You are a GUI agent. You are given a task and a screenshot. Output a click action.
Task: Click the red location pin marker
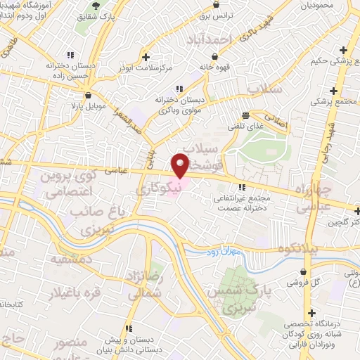tap(181, 165)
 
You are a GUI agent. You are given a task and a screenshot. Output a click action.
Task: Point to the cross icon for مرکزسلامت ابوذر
tap(146, 57)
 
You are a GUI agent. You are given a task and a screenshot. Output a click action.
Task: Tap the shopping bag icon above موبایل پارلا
tap(87, 96)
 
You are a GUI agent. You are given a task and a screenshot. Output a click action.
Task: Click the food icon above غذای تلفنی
tap(245, 115)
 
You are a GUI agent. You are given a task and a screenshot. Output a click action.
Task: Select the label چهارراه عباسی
tap(302, 198)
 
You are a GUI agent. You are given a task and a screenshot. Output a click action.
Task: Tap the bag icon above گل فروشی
tap(303, 271)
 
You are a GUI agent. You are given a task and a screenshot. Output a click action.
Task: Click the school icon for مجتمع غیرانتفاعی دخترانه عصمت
tap(243, 188)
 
